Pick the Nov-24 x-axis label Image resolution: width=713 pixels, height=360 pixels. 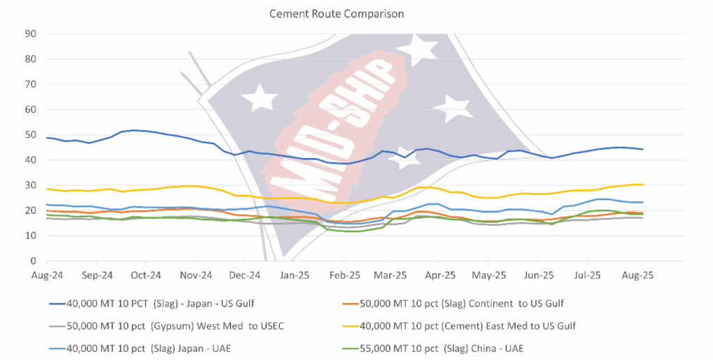click(196, 275)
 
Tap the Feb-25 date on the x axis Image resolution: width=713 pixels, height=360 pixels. click(344, 275)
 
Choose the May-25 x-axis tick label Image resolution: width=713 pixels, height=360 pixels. click(490, 275)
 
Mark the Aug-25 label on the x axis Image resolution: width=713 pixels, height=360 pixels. click(637, 275)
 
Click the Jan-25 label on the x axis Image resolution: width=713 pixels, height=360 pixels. click(295, 275)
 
